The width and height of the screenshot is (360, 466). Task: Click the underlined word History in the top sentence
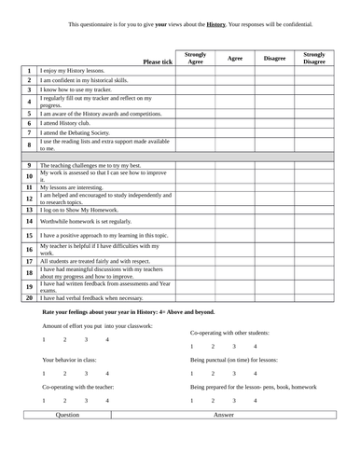coord(216,23)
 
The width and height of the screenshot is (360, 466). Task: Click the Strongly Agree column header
coord(196,58)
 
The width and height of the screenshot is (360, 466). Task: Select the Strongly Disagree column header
coord(314,58)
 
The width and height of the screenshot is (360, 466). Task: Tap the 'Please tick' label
coord(158,62)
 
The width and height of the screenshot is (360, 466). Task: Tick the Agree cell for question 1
coord(235,71)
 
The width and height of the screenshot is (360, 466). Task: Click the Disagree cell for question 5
coord(274,113)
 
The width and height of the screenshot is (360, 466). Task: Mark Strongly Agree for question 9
coord(196,164)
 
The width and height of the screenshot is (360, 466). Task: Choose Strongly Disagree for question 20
coord(314,297)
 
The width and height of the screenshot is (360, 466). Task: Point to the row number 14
coord(29,221)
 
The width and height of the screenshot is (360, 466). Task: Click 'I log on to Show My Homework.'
coord(79,210)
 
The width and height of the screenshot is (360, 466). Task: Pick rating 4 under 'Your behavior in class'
coord(107,373)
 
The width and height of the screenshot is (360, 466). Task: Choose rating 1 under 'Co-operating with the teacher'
coord(44,400)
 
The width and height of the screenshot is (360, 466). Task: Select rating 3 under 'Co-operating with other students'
coord(234,347)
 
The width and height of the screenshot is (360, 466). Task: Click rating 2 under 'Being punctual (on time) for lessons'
coord(213,373)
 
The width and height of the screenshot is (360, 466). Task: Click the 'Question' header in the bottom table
coord(68,413)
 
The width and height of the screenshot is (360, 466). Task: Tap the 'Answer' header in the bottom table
coord(224,413)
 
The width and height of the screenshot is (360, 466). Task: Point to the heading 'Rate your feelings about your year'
coord(128,312)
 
